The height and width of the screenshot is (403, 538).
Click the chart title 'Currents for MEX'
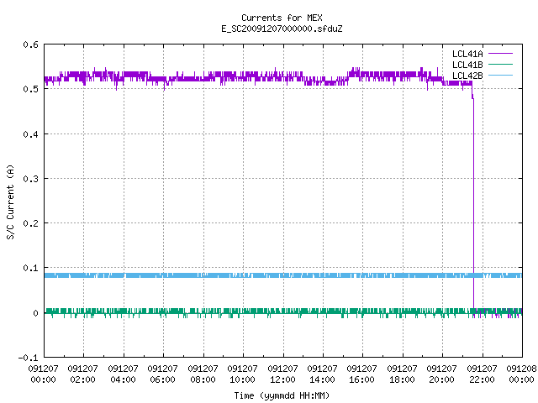[282, 18]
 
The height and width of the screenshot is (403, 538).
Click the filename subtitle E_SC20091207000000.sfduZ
[282, 29]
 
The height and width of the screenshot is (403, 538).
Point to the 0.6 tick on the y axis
[30, 44]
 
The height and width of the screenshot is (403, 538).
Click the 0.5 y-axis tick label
[30, 89]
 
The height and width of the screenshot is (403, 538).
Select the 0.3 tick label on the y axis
[30, 179]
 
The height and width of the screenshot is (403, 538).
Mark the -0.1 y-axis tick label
[28, 358]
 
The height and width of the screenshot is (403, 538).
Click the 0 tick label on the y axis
[35, 313]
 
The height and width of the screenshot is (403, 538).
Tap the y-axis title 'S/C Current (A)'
[11, 201]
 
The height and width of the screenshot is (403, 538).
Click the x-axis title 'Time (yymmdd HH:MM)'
[282, 395]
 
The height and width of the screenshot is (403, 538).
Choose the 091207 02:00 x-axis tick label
[82, 374]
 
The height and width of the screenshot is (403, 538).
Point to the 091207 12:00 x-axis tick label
[282, 374]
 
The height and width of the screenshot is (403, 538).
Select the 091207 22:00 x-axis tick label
[482, 374]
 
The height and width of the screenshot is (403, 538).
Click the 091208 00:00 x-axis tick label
[521, 374]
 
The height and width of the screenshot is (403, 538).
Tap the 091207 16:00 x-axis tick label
[362, 374]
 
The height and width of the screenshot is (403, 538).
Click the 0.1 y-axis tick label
[30, 268]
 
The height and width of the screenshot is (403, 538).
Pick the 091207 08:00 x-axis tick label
[203, 374]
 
